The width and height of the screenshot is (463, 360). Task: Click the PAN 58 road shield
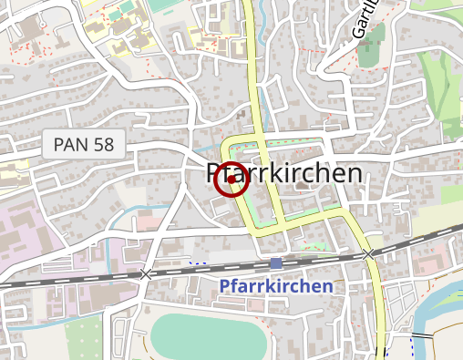(83, 143)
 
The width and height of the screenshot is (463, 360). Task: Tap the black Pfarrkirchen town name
(284, 173)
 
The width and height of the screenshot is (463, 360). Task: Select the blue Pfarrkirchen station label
(276, 286)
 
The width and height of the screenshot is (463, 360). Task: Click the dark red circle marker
(231, 179)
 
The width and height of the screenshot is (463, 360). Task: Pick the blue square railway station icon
(276, 263)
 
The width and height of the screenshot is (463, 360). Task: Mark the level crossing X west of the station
(146, 273)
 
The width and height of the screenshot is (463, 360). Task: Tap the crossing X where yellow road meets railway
(368, 254)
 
